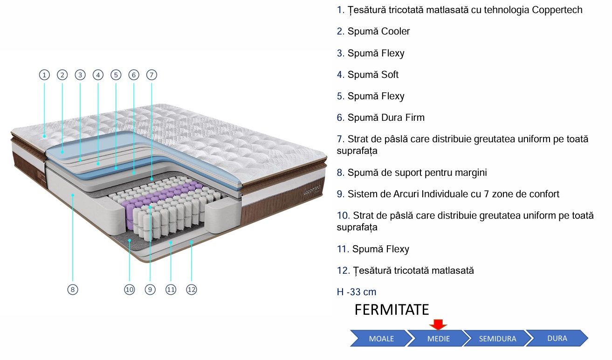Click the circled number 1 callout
tap(44, 75)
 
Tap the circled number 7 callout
tap(151, 75)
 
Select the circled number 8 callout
tap(72, 290)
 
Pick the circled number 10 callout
tap(129, 290)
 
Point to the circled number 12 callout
tap(192, 290)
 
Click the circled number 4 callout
tap(98, 75)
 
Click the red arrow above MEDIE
tap(438, 324)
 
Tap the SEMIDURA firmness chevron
tap(497, 339)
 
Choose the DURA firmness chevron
tap(556, 338)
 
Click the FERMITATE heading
tap(392, 310)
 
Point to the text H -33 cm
tap(357, 292)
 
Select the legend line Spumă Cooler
tap(378, 31)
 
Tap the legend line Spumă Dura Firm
tap(386, 118)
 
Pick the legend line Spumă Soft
tap(373, 75)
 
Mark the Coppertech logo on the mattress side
tap(311, 191)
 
